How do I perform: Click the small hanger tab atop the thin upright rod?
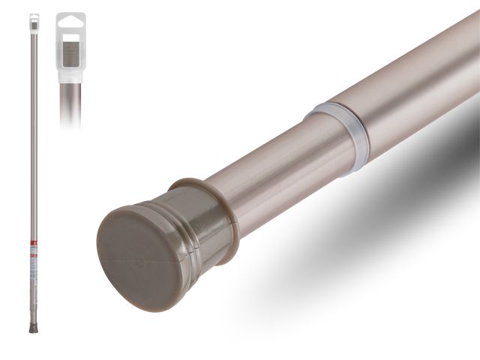[33, 19]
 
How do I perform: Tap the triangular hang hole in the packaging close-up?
[71, 21]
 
